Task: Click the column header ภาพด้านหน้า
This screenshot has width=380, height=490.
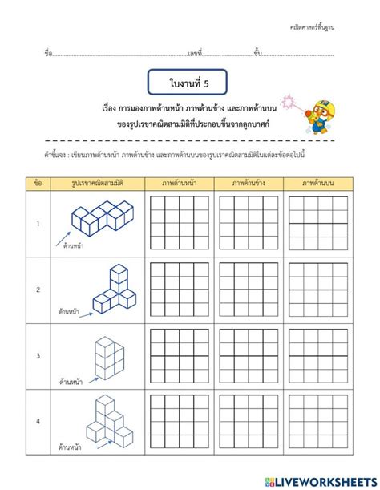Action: (180, 183)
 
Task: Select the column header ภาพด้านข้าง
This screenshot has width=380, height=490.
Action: (249, 183)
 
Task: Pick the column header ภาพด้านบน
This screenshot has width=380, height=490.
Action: (317, 183)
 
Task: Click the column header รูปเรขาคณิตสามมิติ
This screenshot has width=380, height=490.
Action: (95, 183)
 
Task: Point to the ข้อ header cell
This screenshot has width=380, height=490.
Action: (38, 183)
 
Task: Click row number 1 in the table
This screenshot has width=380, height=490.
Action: (38, 224)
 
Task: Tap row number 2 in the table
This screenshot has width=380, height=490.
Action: (38, 290)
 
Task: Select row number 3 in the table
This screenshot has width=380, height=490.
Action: (38, 355)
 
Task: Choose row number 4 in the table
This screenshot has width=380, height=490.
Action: (38, 421)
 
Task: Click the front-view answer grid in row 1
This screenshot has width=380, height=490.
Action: (180, 224)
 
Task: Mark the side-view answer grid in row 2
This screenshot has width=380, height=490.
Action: (249, 290)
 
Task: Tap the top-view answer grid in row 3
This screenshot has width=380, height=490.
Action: (317, 355)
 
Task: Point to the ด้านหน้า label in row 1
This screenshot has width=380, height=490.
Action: (75, 246)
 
